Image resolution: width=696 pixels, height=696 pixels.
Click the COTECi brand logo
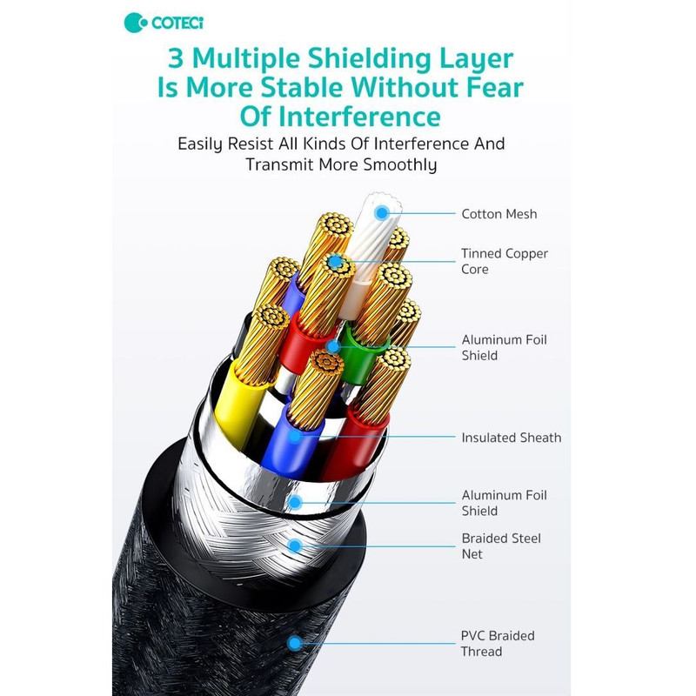coord(164,23)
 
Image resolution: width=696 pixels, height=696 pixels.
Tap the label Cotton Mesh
coord(499,214)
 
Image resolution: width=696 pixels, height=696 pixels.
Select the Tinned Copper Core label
coord(505,261)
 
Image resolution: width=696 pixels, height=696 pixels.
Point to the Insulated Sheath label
coord(512,438)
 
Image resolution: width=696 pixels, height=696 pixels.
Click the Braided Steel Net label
coord(501,546)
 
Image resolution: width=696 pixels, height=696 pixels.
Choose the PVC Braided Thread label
coord(498,644)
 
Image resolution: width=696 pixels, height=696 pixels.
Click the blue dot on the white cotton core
coord(382,213)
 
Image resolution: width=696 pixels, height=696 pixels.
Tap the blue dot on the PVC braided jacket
coord(295,643)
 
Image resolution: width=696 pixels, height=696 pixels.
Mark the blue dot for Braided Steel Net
coord(295,546)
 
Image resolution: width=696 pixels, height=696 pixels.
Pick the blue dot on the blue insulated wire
coord(295,437)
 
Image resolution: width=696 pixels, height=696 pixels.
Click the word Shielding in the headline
coord(369,58)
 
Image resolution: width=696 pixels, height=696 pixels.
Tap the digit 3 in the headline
coord(176,58)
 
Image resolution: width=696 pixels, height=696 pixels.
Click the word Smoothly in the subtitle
coord(400,164)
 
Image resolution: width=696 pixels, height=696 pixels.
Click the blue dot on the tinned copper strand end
coord(336,262)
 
